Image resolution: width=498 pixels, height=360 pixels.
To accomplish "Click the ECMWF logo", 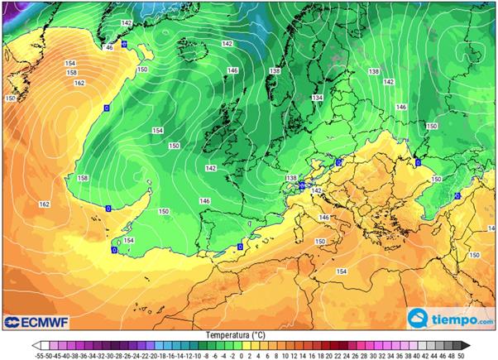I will tap(36, 320).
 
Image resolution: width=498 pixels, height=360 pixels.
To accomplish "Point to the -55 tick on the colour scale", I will tap(38, 354).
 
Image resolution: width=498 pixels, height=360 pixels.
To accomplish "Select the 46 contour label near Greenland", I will tap(108, 48).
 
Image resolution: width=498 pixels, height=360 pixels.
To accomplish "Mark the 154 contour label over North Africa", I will tap(341, 271).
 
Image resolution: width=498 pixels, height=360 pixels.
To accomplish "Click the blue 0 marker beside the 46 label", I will tap(124, 44).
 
